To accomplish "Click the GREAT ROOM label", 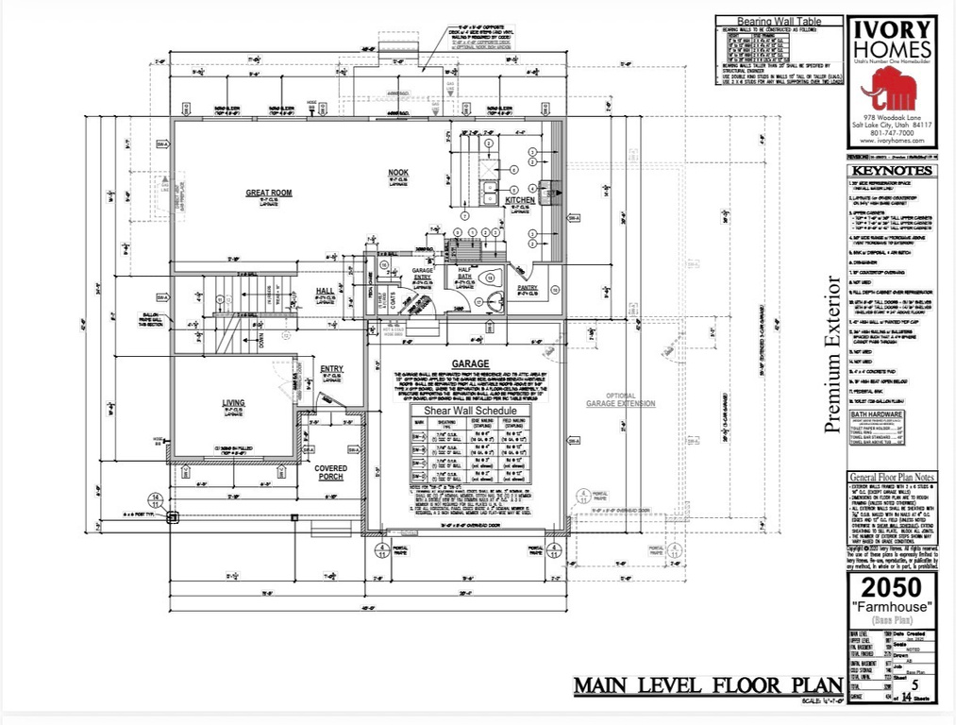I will point(269,193).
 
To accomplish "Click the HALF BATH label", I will point(464,273).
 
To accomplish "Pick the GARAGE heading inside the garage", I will point(469,362).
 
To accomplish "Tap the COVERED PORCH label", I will point(331,472).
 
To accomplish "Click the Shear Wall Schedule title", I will point(469,411).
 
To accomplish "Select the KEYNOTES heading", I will point(891,171).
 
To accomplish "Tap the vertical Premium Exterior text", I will point(832,354).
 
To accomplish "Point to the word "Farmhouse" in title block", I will point(891,605).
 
